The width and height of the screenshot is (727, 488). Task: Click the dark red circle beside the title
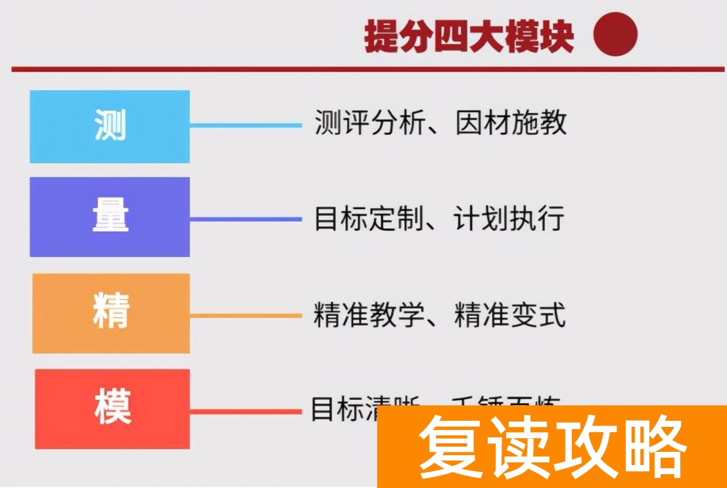coord(615,35)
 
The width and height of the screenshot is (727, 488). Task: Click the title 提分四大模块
coord(469,37)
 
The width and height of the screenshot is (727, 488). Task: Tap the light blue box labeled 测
coord(110,126)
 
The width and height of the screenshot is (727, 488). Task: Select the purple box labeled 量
coord(110,216)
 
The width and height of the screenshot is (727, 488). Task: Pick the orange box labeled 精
coord(111,313)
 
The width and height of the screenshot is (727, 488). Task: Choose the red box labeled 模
coord(112,408)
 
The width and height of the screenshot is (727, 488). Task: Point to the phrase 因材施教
coord(511,123)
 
